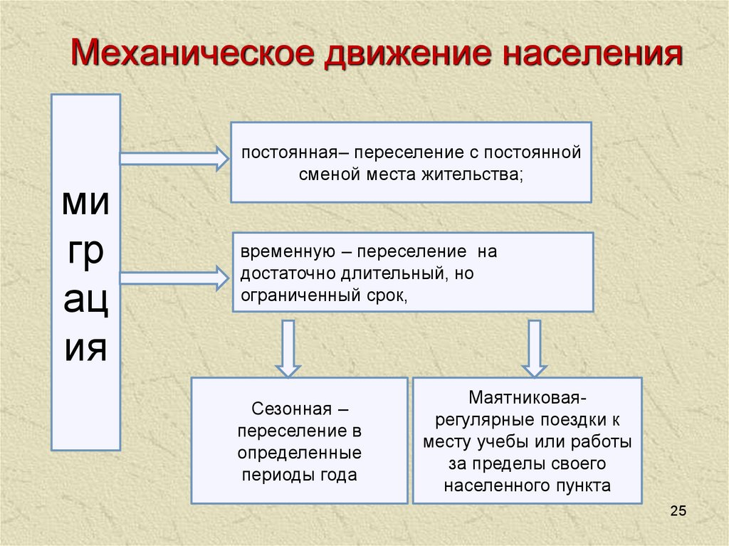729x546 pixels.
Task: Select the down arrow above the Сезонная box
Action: (288, 347)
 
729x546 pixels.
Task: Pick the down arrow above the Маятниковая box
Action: (535, 347)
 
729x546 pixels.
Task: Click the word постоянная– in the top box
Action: (288, 153)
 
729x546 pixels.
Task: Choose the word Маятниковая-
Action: (527, 397)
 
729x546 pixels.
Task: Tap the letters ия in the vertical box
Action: (85, 350)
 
